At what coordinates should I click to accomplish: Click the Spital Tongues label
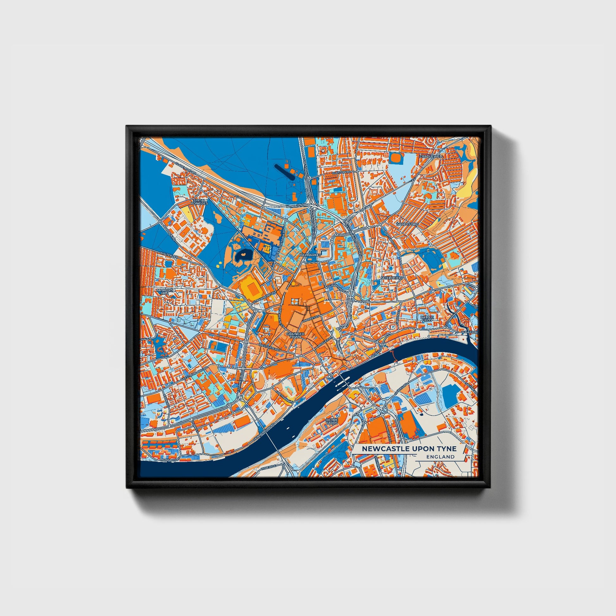[200, 202]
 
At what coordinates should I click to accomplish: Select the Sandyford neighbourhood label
[407, 224]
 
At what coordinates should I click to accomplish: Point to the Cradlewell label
[431, 157]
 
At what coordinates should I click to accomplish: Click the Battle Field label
[427, 319]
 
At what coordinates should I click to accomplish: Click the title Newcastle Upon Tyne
[409, 449]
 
